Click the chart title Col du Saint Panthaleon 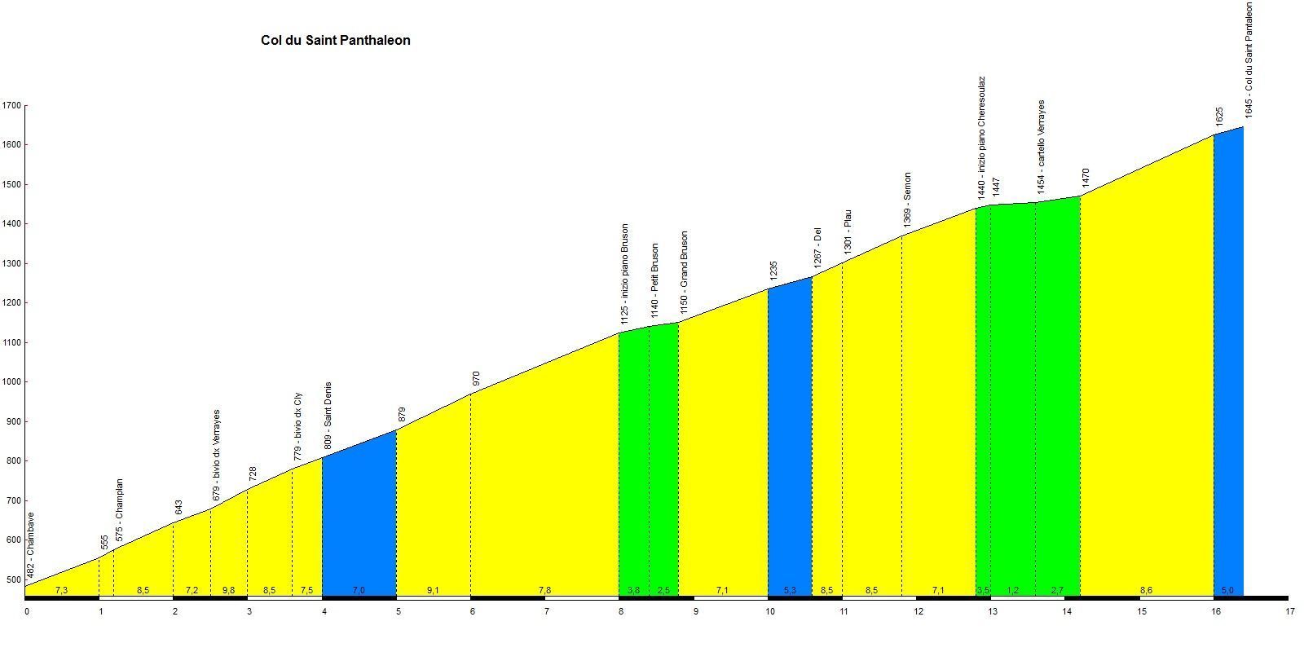335,40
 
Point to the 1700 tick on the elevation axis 11,105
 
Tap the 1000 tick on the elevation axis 11,381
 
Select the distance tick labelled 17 1289,611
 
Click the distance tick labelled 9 695,611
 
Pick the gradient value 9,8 228,590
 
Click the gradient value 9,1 433,590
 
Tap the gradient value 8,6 1146,590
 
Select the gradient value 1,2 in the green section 1012,590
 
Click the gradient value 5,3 789,590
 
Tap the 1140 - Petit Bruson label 654,280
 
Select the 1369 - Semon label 907,200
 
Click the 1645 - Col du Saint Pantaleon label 1249,59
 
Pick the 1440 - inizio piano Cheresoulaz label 982,138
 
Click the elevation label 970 476,379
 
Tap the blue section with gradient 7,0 359,522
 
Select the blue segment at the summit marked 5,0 1228,367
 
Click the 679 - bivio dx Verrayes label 216,455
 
